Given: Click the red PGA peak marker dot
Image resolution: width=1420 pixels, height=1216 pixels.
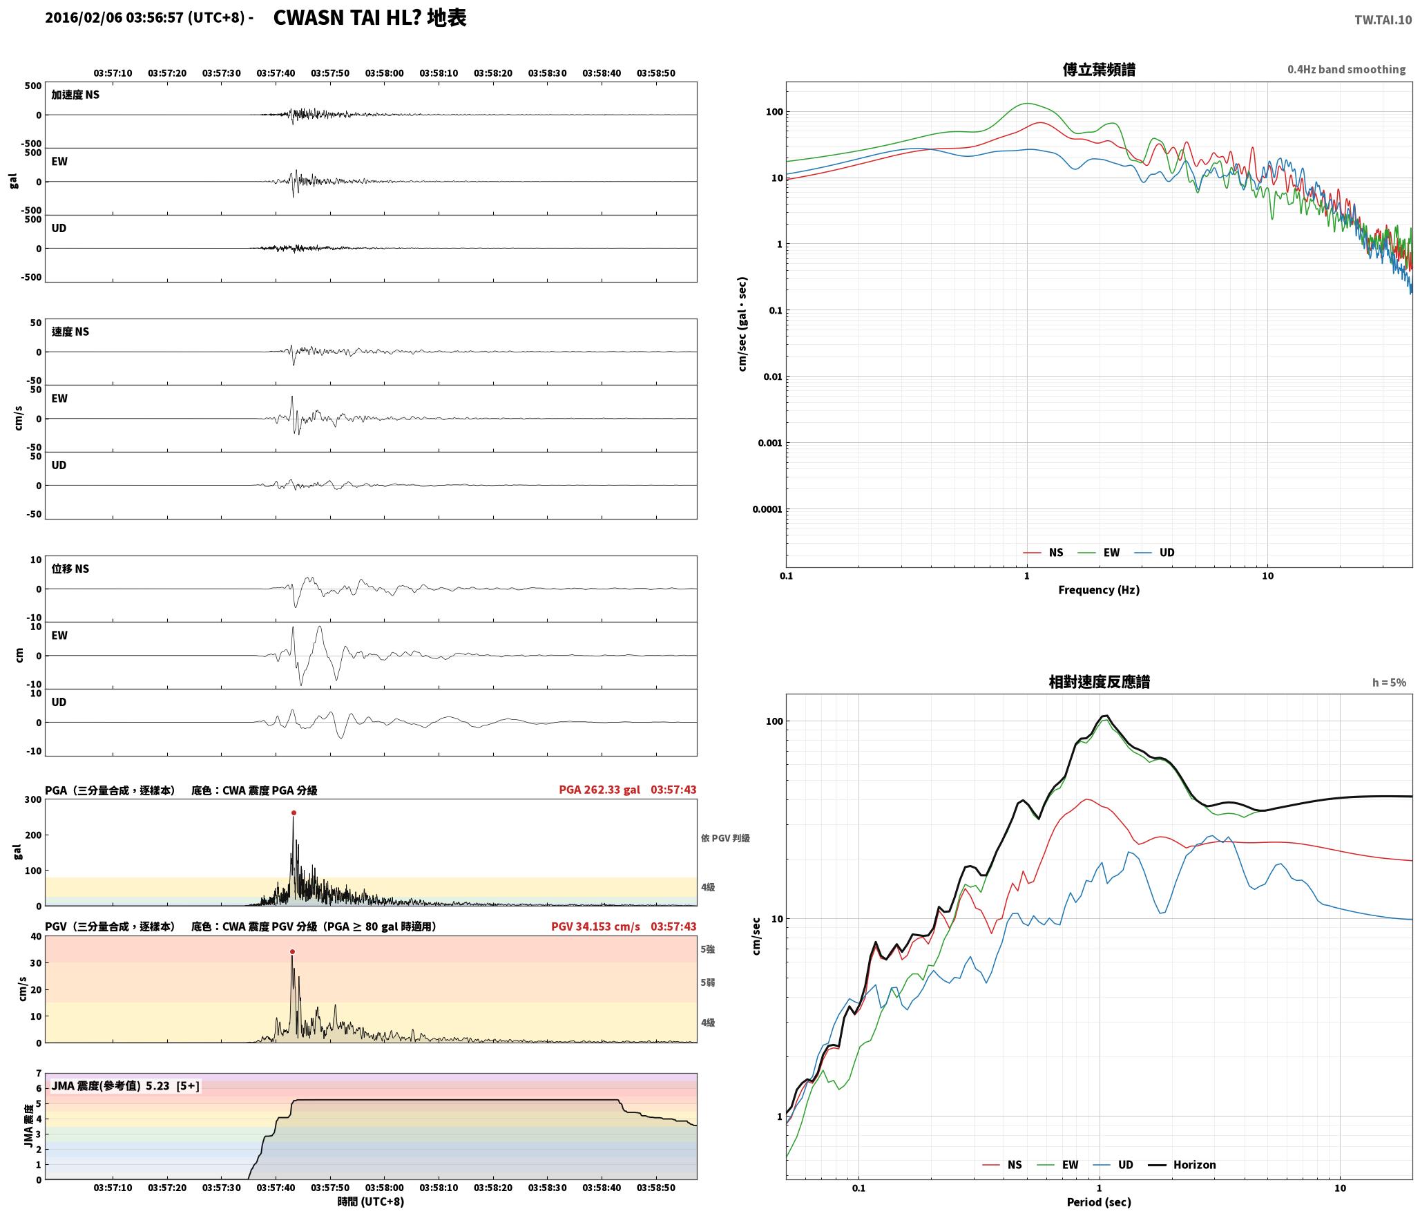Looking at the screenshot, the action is click(x=294, y=813).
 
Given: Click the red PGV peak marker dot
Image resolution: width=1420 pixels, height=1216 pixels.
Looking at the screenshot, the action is click(x=292, y=952).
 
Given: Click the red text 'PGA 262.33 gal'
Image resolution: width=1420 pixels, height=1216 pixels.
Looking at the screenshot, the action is click(x=599, y=790).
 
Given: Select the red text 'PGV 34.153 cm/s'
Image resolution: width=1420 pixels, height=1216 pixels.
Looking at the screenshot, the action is click(x=595, y=927).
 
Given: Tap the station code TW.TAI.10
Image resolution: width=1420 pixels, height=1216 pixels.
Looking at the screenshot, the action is click(x=1383, y=20).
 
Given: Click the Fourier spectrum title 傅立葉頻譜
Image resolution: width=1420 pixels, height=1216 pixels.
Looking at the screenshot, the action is click(x=1099, y=70).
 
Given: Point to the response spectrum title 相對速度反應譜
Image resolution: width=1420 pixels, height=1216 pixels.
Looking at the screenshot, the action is click(x=1099, y=682).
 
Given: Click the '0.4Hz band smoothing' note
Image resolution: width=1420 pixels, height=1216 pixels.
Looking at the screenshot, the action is click(x=1346, y=70).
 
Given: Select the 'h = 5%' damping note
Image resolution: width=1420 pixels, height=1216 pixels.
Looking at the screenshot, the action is click(x=1389, y=683).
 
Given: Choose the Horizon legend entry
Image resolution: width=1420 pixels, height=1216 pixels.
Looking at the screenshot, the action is click(x=1182, y=1165).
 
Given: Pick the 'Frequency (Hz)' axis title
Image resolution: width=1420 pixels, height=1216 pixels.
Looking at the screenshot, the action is click(x=1099, y=590).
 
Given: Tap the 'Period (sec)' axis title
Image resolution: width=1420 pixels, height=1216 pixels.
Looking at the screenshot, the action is click(x=1099, y=1203).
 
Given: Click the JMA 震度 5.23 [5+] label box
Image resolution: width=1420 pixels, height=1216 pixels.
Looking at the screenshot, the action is click(x=126, y=1086).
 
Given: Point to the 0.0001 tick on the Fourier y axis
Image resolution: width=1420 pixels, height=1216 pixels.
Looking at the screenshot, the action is click(x=767, y=510).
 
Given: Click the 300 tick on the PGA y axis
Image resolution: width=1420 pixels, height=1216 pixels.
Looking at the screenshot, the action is click(x=33, y=800).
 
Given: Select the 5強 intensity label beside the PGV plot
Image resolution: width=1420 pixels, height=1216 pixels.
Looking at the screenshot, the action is click(x=708, y=949).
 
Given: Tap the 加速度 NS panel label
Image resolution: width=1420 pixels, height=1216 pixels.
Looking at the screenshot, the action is click(x=75, y=95).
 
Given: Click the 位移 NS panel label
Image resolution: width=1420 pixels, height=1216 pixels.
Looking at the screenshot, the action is click(x=70, y=569).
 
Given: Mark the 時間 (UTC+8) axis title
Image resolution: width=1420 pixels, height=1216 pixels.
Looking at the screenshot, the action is click(x=371, y=1201).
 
